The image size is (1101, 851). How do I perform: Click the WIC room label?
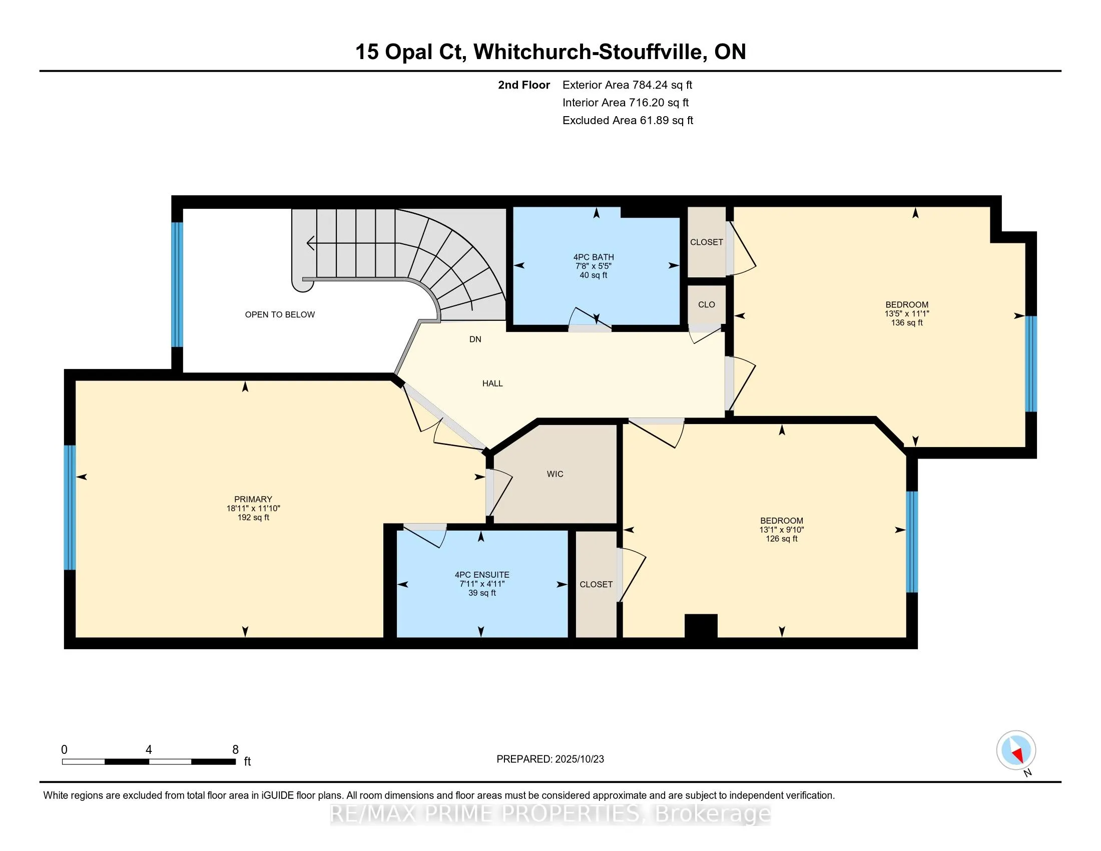click(555, 474)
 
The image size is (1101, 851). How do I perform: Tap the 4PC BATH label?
click(594, 257)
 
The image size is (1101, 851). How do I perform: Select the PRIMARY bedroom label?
click(253, 499)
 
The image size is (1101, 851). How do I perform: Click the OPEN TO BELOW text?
click(280, 314)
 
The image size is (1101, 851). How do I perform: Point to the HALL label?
click(492, 383)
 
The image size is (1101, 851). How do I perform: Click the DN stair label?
click(475, 339)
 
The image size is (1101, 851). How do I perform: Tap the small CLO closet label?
click(706, 304)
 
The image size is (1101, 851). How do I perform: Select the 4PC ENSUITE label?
click(482, 575)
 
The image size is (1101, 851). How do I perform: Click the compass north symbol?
click(1016, 751)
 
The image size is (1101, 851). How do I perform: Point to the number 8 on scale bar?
click(235, 750)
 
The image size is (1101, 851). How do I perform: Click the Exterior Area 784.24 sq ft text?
click(627, 85)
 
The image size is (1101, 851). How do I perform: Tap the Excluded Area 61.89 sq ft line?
click(628, 121)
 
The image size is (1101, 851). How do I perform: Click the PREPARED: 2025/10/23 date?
click(550, 759)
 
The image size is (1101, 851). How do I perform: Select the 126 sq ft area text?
click(781, 539)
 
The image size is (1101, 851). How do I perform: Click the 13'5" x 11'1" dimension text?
click(906, 313)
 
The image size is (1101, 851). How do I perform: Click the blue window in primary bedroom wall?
click(70, 507)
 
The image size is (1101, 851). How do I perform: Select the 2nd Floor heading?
click(524, 85)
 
